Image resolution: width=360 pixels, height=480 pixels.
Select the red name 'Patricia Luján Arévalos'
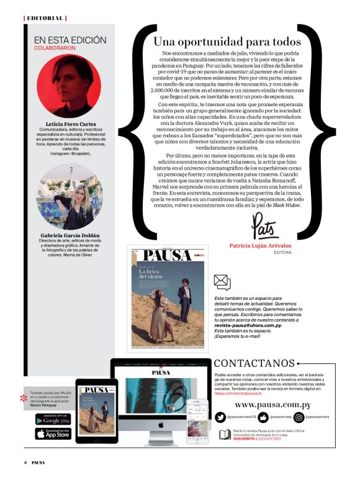pyautogui.click(x=265, y=246)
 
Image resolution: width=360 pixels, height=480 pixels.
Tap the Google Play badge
pyautogui.click(x=53, y=420)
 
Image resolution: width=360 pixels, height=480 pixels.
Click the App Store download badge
pyautogui.click(x=53, y=434)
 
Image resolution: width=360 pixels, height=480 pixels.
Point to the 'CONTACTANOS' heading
pyautogui.click(x=254, y=363)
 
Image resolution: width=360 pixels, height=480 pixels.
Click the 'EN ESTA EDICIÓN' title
pyautogui.click(x=70, y=40)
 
